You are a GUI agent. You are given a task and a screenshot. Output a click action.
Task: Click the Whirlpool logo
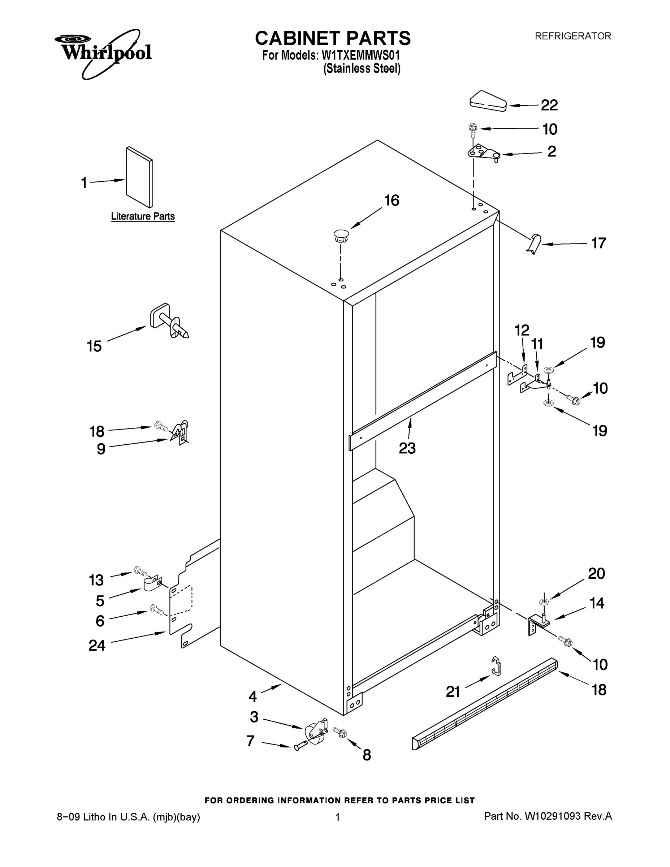103,52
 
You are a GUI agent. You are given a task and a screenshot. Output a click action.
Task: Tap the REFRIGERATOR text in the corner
573,36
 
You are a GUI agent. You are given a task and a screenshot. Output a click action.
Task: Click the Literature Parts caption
143,216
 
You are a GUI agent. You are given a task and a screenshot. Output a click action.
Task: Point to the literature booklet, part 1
139,177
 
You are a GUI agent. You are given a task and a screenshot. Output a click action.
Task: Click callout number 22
549,105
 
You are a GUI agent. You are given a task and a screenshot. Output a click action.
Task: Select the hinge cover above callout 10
488,101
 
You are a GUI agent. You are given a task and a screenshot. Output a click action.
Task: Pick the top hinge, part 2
484,153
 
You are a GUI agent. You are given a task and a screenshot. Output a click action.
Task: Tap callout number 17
598,243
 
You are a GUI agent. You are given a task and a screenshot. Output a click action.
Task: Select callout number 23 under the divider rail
407,448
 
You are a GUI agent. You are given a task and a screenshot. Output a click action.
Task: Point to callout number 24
97,646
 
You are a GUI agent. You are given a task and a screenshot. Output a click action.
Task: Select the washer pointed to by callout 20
544,602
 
